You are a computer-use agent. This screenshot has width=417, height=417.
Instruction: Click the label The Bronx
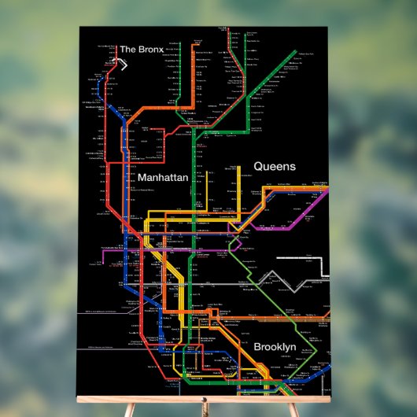[141, 50]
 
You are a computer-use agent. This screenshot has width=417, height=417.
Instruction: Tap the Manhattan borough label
[163, 179]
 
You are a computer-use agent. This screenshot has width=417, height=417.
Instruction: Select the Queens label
[274, 167]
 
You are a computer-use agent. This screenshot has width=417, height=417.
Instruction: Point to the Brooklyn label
[275, 347]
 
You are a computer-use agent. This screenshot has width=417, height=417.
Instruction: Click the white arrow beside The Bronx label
[121, 64]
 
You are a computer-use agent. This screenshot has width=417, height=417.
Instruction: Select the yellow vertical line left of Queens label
[238, 189]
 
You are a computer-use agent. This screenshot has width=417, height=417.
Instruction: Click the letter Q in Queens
[258, 167]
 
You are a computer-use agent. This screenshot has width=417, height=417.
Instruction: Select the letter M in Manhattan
[142, 179]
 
